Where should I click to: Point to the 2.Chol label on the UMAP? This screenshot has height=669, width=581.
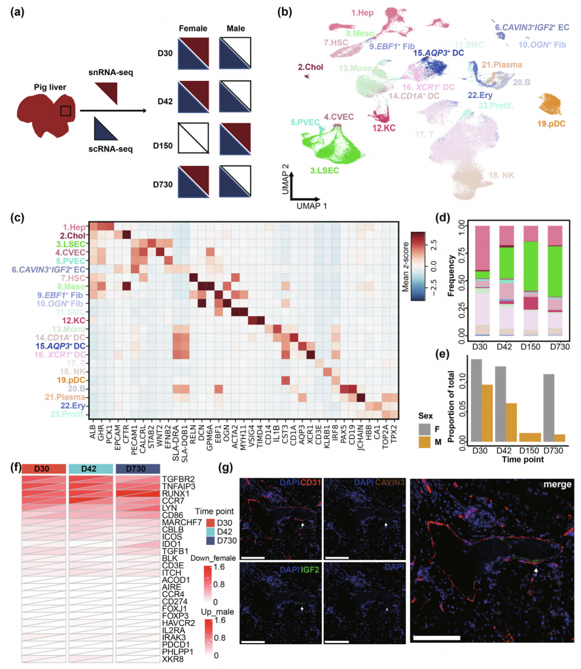tap(309, 67)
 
